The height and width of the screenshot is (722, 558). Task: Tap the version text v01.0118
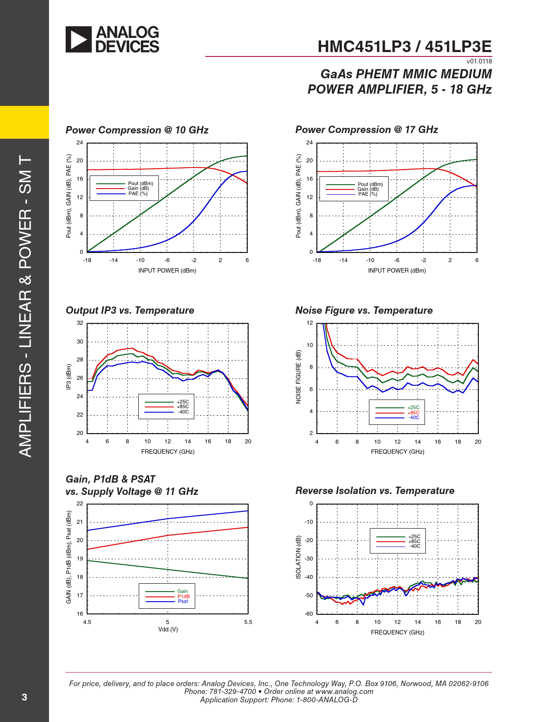(479, 61)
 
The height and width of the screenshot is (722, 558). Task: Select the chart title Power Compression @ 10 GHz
(137, 130)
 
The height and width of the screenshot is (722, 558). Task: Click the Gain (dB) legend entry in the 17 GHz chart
(368, 189)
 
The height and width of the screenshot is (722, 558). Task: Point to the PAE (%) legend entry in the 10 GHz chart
(138, 193)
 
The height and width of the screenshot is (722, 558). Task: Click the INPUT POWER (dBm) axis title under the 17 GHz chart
(397, 270)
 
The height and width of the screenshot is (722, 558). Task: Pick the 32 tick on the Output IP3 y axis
(80, 323)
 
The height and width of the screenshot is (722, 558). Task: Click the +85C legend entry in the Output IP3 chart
(182, 407)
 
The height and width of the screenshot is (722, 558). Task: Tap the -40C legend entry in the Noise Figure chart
(414, 417)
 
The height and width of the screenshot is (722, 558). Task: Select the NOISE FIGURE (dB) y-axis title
(298, 377)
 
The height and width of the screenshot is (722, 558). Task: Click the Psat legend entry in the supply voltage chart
(183, 601)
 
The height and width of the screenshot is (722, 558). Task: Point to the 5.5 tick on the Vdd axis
(248, 622)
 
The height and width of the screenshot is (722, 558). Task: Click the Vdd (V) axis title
(168, 629)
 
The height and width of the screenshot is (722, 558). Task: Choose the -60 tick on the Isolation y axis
(309, 613)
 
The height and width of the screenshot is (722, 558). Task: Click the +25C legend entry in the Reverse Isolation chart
(414, 536)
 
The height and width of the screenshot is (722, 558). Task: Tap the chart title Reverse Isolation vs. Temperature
(375, 491)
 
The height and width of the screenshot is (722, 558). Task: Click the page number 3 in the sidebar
(25, 697)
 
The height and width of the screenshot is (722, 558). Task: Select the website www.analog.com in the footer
(344, 691)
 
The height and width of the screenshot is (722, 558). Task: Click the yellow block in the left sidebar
(25, 122)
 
